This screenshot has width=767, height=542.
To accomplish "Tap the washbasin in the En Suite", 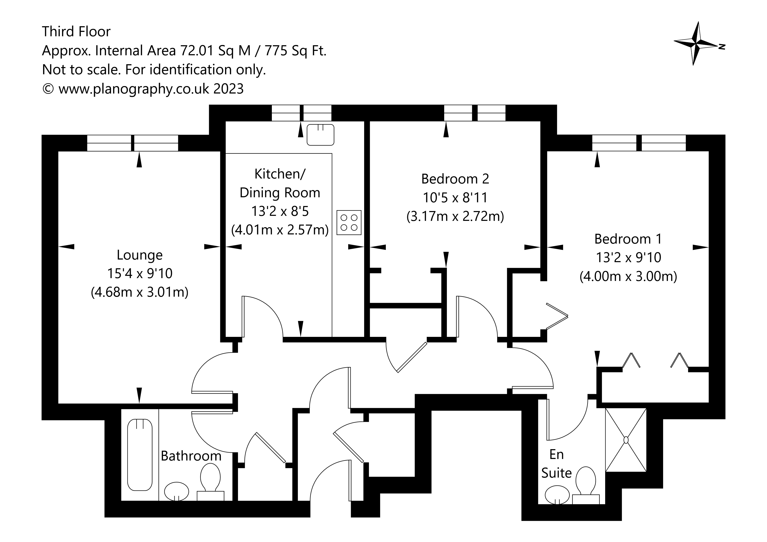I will (x=557, y=495).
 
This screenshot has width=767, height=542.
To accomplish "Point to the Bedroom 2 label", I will (x=455, y=179).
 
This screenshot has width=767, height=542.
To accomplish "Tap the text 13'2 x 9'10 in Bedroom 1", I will (x=628, y=257).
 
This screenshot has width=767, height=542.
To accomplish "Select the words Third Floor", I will (x=76, y=32).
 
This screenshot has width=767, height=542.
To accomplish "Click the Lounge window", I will (x=133, y=143).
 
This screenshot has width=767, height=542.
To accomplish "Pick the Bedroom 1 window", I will (x=639, y=143).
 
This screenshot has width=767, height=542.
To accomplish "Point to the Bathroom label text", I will (x=191, y=456).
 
